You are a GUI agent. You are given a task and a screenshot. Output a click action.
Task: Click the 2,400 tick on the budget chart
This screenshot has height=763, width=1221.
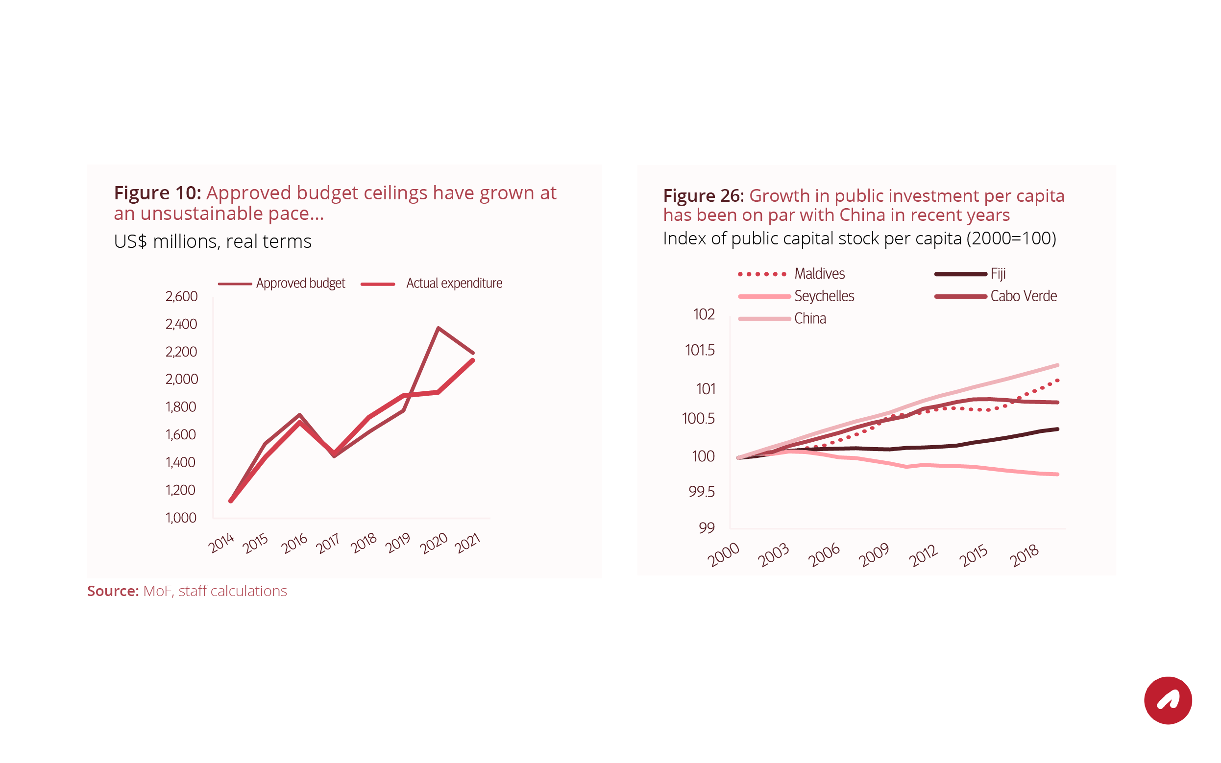181,324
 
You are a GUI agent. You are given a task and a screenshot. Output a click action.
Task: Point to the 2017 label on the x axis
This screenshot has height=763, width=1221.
328,544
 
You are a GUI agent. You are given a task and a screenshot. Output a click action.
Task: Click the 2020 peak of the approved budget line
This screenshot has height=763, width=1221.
438,328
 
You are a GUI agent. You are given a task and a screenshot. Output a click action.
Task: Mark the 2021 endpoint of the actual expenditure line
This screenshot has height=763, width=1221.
473,360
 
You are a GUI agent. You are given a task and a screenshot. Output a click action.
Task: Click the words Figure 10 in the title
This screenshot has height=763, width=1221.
157,193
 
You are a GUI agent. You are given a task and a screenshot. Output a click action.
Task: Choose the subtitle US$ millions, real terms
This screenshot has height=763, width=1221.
213,241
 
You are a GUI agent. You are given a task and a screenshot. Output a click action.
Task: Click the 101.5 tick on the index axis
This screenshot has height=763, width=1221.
700,350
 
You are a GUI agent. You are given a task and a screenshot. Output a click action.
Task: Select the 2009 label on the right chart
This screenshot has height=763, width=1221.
873,554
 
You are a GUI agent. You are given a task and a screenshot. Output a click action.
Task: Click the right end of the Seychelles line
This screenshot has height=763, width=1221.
1057,475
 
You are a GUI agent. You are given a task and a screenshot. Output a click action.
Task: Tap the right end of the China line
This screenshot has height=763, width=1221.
1057,365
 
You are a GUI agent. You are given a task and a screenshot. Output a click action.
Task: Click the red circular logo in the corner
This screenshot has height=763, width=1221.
1168,700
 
